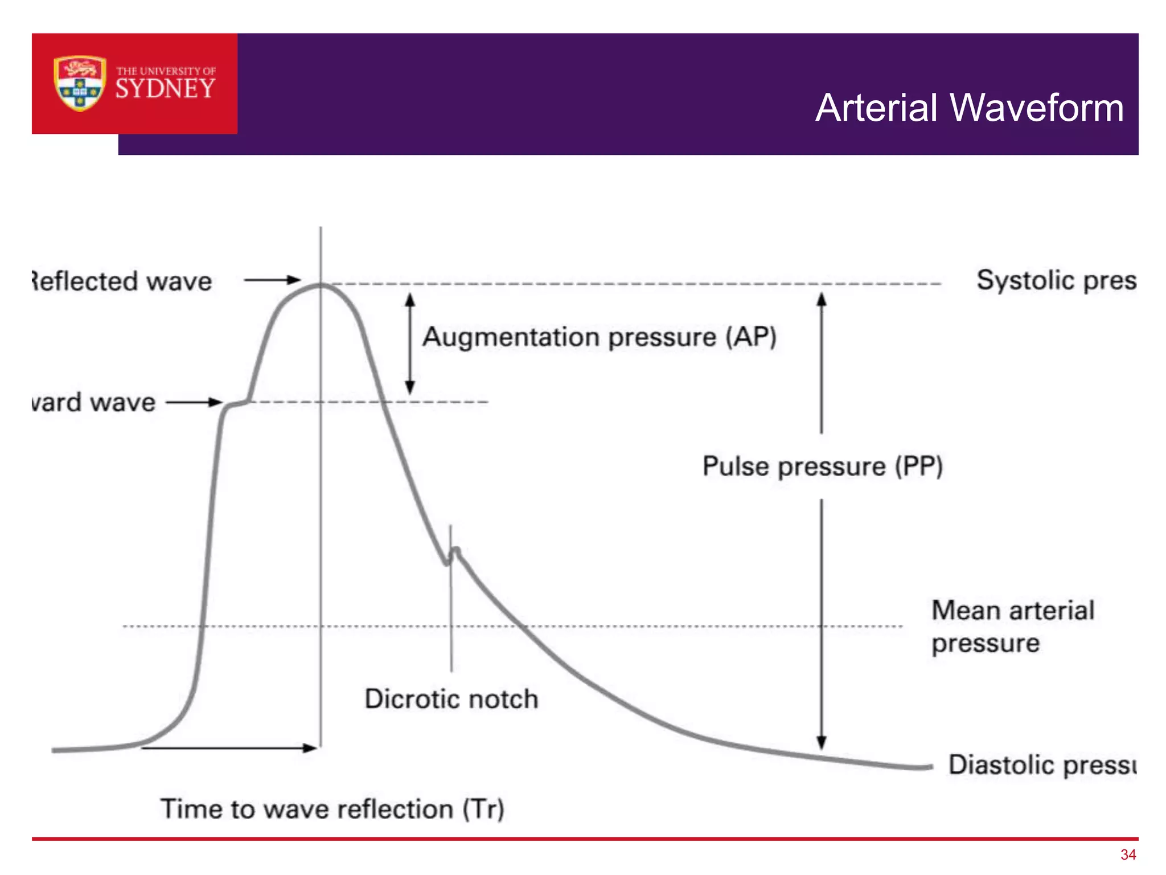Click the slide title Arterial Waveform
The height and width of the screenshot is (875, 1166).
tap(969, 108)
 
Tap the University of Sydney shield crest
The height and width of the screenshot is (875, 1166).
tap(80, 83)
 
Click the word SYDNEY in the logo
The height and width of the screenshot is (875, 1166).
tap(165, 89)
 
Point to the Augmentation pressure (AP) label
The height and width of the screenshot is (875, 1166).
tap(599, 337)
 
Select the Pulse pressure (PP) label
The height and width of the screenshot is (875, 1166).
tap(822, 467)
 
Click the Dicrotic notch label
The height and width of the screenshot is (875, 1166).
tap(451, 699)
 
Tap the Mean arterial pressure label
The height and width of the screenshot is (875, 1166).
tap(1012, 627)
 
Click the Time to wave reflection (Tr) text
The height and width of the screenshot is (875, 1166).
tap(332, 809)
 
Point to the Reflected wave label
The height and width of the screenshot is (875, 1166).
tap(122, 281)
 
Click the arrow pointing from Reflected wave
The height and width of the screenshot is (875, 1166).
tap(272, 280)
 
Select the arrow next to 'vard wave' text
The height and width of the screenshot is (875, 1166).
tap(194, 402)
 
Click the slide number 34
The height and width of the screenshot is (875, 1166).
tap(1128, 854)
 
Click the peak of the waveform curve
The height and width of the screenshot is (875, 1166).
tap(321, 285)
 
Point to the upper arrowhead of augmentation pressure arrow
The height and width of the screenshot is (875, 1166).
tap(410, 299)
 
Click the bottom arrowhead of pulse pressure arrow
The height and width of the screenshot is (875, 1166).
tap(821, 742)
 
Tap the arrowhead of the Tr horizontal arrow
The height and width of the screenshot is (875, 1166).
tap(310, 748)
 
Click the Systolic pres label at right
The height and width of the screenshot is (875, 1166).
tap(1056, 280)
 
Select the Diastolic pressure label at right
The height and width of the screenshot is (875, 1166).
tap(1042, 764)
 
